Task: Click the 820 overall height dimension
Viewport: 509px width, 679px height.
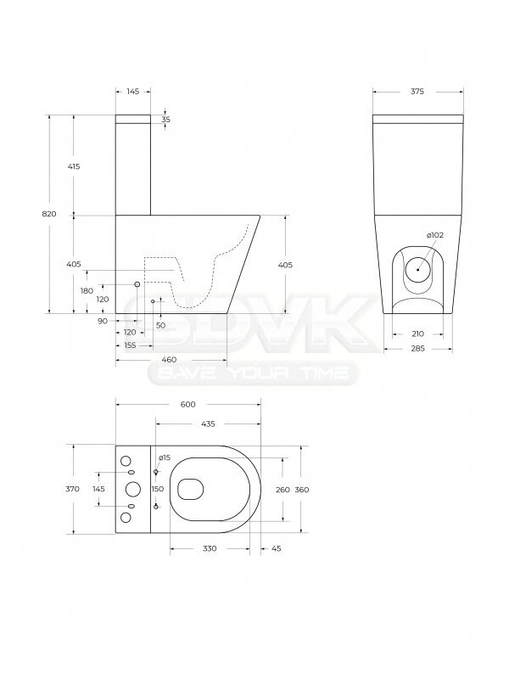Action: click(49, 214)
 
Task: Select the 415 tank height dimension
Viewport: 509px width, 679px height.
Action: click(74, 166)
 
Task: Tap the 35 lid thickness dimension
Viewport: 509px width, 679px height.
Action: click(166, 120)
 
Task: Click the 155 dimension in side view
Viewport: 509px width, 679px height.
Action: click(130, 345)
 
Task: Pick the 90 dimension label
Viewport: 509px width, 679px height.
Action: click(103, 321)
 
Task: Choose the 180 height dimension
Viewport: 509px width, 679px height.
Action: click(87, 290)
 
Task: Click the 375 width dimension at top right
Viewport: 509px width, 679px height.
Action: click(417, 92)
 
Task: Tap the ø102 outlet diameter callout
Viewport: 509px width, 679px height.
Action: click(434, 235)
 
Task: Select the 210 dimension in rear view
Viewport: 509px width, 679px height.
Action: click(417, 334)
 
